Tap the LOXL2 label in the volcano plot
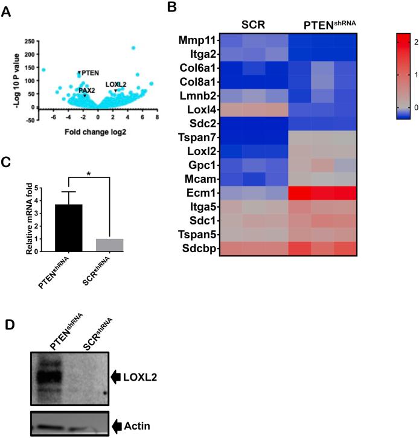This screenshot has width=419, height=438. click(x=116, y=84)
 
